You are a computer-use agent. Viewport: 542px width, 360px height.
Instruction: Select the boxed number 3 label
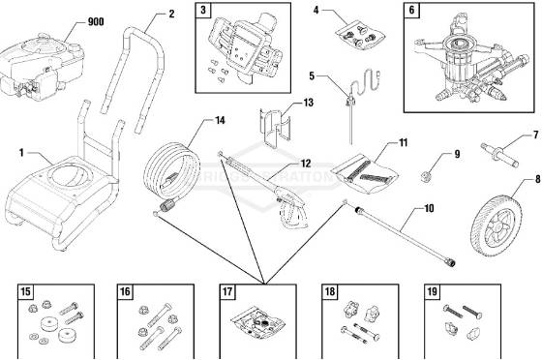(203, 12)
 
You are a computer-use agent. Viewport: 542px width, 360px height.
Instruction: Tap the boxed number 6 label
(410, 12)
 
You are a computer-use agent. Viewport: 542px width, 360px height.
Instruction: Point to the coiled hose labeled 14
(175, 164)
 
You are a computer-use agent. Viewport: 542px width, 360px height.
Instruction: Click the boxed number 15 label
(25, 291)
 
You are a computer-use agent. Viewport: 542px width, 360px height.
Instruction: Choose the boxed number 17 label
(228, 291)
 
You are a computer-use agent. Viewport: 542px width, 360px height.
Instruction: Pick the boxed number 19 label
(433, 291)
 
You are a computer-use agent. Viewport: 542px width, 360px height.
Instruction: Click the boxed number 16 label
(126, 291)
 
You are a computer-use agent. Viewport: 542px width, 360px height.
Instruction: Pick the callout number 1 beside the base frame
(21, 152)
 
